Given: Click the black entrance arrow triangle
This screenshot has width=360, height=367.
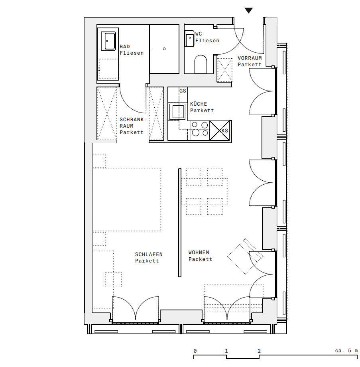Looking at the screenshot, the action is coord(249,10).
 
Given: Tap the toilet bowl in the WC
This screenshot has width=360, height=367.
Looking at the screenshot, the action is coord(201,64).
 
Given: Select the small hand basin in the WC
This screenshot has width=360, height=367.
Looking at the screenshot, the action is coord(189,39).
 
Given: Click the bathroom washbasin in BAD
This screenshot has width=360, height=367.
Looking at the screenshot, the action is coord(108,41).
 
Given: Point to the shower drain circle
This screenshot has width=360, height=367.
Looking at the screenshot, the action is coord(164,49).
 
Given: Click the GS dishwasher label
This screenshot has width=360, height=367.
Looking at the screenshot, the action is coord(183,91).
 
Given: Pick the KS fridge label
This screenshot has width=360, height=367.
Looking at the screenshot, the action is coord(224,130).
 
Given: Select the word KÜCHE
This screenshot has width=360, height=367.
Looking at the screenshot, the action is coord(199,104).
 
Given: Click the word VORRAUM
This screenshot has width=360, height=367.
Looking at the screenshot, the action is coord(250,58).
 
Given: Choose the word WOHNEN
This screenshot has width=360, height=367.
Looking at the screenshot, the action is coord(199,253).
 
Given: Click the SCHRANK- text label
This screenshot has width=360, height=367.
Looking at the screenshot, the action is coord(133,120).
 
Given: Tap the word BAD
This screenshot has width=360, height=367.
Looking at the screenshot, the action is coord(125,47).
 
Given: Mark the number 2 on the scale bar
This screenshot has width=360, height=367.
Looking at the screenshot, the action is coord(259,351).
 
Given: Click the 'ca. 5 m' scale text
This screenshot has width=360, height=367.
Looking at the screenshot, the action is coord(346,351).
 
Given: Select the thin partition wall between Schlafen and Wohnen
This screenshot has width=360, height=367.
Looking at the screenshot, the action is coord(180,223).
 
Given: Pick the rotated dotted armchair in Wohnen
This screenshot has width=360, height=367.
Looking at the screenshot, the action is coord(245,257).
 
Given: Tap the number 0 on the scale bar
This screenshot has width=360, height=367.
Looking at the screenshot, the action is coord(195,351).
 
